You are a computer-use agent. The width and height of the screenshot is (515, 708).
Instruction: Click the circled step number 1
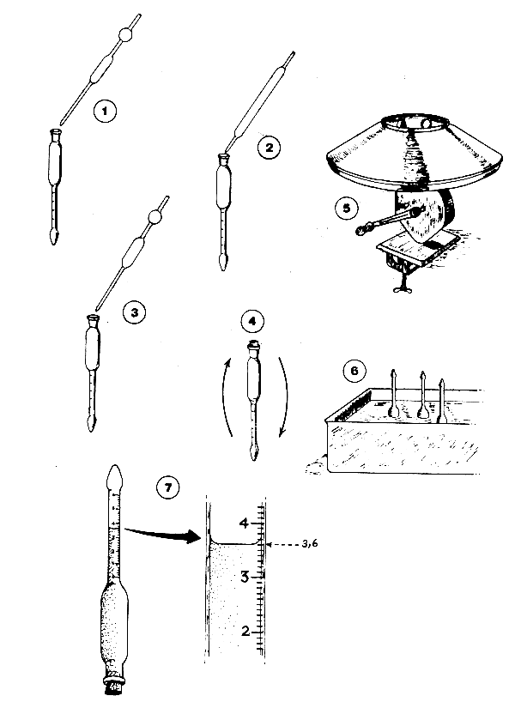point(105,111)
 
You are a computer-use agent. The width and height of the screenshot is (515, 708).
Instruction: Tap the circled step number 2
point(270,148)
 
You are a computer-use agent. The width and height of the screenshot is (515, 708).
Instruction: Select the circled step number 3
point(134,312)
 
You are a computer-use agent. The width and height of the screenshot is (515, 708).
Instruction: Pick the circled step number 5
point(347,209)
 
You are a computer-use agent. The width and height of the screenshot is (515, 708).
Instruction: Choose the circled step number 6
point(354,371)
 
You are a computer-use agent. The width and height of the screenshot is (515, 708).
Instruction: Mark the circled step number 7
point(167,487)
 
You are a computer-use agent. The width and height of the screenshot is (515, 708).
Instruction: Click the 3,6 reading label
point(310,543)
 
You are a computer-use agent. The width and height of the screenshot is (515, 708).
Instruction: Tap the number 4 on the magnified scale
point(244,523)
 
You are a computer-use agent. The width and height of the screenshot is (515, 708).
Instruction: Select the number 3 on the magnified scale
point(245,577)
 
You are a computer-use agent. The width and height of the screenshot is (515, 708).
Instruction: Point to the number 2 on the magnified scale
point(245,631)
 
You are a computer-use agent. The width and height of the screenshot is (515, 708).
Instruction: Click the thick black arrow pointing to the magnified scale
point(162,533)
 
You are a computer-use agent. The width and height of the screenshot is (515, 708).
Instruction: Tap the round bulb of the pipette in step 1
point(125,35)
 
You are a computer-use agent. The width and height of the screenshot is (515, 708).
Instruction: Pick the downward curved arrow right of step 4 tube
point(283,397)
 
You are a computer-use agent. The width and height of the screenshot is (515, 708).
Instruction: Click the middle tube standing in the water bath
point(422,394)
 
